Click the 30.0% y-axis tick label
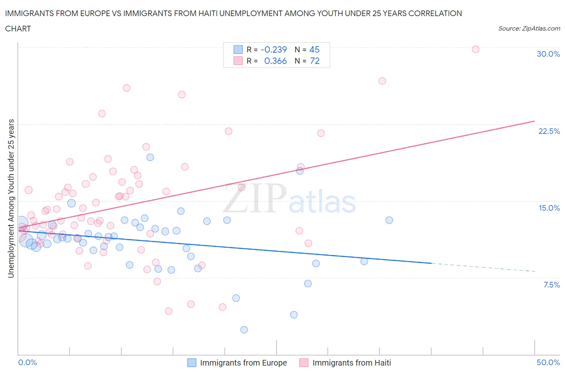(x=548, y=54)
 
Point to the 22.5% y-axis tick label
(x=549, y=131)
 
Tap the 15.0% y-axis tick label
(x=549, y=208)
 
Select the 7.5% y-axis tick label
(x=551, y=285)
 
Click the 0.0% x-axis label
(x=28, y=362)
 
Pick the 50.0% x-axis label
(x=548, y=362)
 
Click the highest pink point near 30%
(x=475, y=49)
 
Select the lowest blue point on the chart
(x=244, y=330)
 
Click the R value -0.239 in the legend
(x=274, y=49)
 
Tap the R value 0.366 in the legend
(x=275, y=61)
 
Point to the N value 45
(x=314, y=49)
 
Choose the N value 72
(x=315, y=61)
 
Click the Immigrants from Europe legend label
(x=243, y=363)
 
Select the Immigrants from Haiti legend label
(x=351, y=363)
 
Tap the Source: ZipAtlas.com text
(x=529, y=28)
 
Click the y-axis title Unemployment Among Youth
(x=11, y=198)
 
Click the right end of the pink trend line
(x=534, y=121)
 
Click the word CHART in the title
(x=18, y=29)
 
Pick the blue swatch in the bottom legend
(x=192, y=363)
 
